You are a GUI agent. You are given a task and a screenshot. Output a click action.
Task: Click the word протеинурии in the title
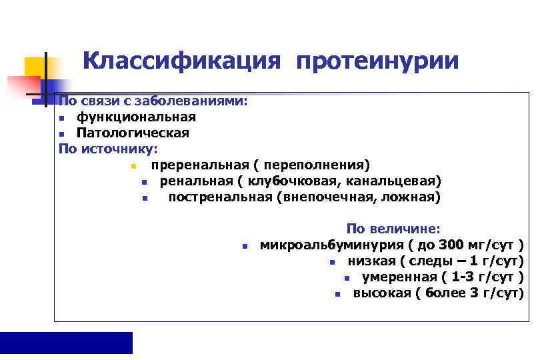tap(377, 61)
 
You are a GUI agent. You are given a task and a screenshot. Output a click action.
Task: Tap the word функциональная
tap(136, 117)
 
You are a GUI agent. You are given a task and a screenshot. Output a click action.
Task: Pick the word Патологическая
tap(132, 133)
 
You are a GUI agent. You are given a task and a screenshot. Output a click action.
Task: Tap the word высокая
tap(382, 293)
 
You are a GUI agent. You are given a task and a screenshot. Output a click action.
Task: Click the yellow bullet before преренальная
tap(133, 165)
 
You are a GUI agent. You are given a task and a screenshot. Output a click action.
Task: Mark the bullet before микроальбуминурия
tap(245, 245)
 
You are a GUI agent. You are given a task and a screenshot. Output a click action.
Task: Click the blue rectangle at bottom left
tap(66, 342)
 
